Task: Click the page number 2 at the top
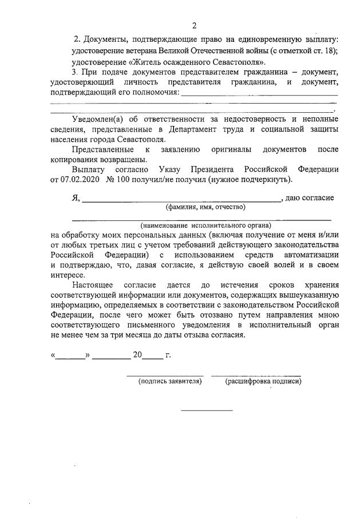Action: point(194,25)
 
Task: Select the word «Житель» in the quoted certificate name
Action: point(150,61)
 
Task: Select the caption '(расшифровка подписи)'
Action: point(264,381)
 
